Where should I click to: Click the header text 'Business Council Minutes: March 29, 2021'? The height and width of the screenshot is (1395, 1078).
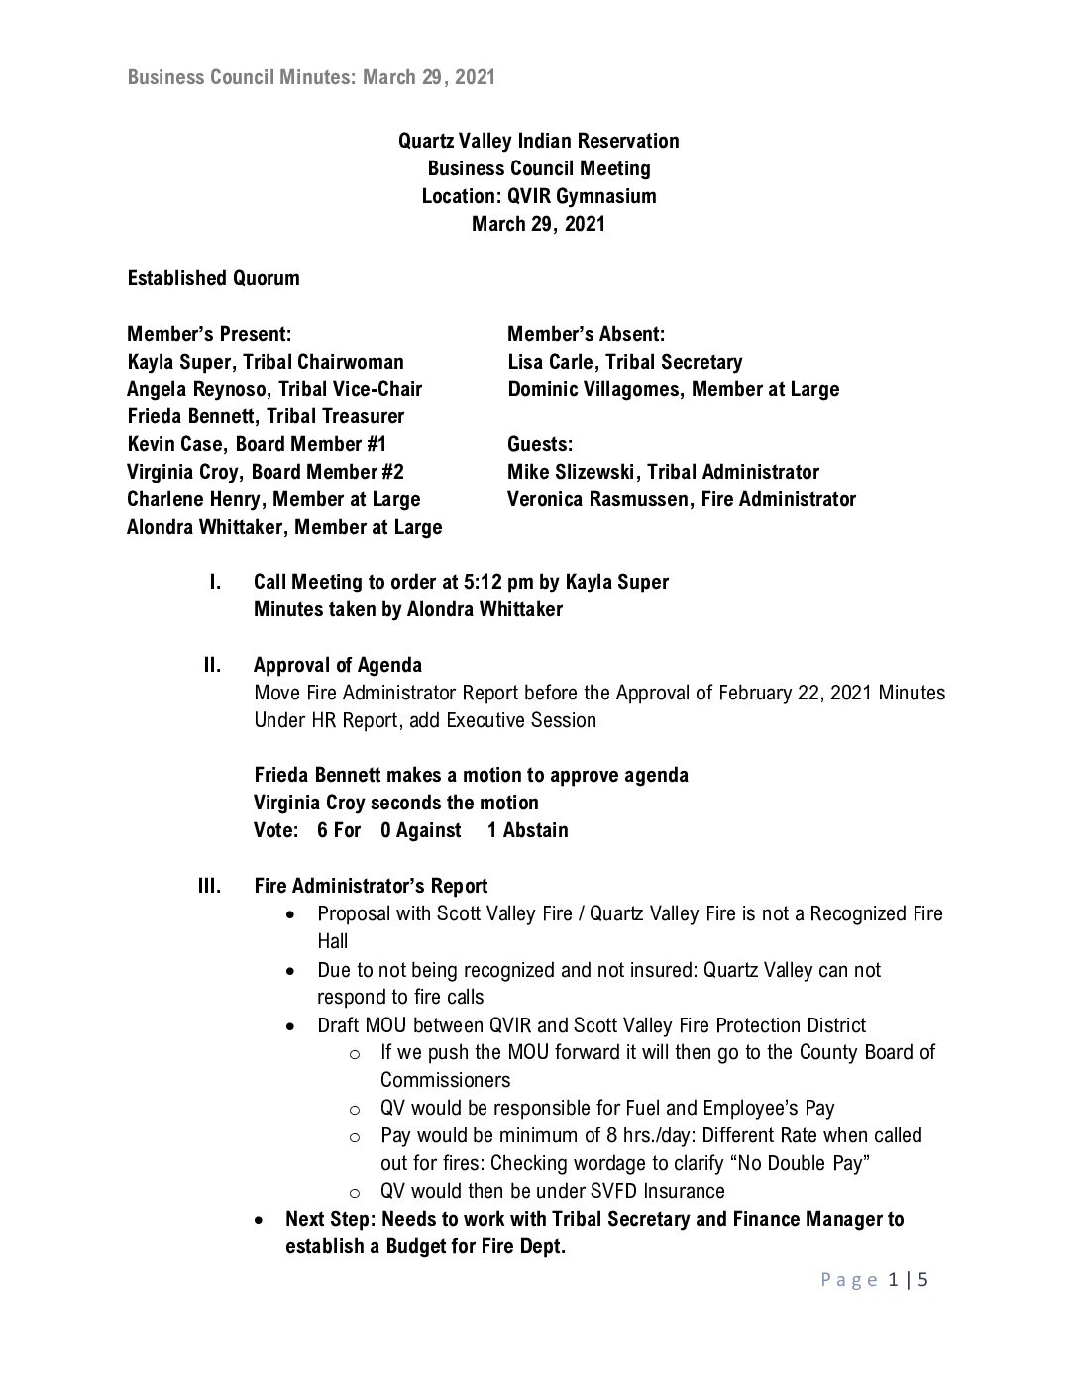point(311,77)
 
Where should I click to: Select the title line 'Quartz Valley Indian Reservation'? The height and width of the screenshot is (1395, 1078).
point(538,141)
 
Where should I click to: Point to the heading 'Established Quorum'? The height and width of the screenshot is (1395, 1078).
point(213,278)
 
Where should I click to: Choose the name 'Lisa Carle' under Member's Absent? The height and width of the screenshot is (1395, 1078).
point(551,362)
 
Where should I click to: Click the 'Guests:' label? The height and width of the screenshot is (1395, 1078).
point(540,444)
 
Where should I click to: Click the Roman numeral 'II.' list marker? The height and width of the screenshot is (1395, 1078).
point(212,665)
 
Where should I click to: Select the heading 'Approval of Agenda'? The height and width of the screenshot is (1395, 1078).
point(337,665)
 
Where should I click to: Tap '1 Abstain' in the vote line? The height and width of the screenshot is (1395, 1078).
point(527,830)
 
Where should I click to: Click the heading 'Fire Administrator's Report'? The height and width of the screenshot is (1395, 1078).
point(371,886)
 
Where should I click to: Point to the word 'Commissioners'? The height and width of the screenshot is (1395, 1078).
point(445,1080)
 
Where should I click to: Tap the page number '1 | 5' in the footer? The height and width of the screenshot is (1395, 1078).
point(909,1280)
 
